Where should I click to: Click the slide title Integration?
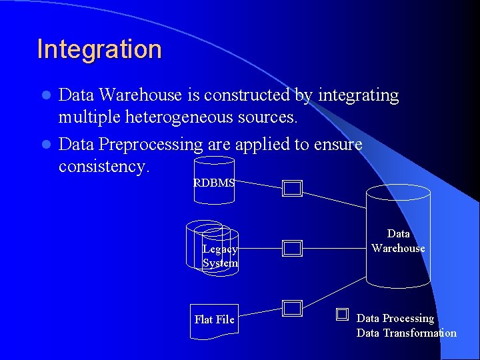point(99,49)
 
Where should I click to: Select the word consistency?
point(103,165)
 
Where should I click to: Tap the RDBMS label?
point(213,183)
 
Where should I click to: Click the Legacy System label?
point(220,256)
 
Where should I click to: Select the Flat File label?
point(214,319)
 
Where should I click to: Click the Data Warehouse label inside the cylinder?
point(398,241)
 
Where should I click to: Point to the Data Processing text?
point(395,319)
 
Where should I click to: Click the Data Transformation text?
point(407,333)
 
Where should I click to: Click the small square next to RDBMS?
point(292,189)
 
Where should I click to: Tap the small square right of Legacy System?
point(292,249)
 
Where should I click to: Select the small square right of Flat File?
point(292,308)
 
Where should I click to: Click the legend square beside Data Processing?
point(343,314)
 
